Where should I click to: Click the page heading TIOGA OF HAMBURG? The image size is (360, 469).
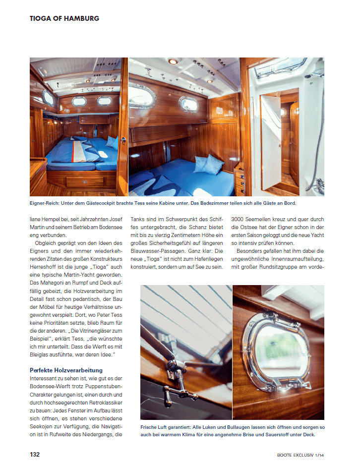(64, 18)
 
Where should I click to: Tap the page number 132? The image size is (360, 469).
(35, 455)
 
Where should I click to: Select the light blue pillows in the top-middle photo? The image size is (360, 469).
(208, 164)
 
